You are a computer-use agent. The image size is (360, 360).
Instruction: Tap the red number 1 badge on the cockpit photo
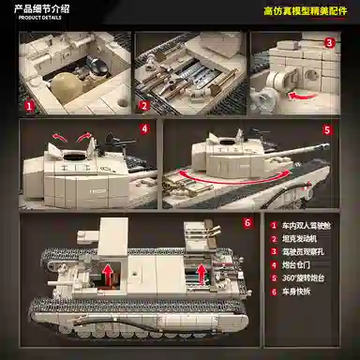29,106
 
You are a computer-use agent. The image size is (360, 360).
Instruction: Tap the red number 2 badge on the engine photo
143,106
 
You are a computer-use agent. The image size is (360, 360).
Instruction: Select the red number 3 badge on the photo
329,42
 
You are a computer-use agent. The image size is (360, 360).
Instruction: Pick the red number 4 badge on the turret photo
143,128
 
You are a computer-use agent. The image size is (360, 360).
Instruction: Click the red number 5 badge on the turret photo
327,130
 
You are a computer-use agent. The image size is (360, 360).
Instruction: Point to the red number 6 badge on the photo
247,223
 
